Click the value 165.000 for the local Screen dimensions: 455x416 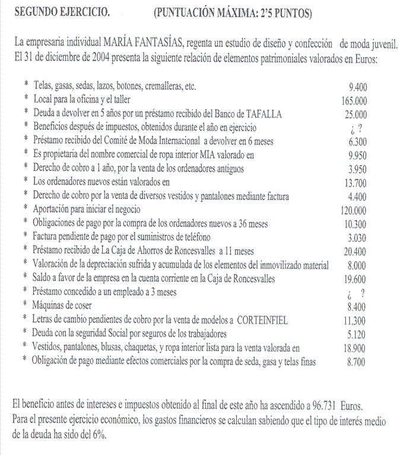pos(354,101)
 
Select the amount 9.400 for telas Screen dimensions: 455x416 pos(358,87)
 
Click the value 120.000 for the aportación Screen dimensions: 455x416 pos(354,211)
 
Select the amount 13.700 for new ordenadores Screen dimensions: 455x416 pos(356,183)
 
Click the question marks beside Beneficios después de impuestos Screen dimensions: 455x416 pos(357,128)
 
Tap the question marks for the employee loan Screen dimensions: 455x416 pos(356,294)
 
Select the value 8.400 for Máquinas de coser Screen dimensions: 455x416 pos(356,307)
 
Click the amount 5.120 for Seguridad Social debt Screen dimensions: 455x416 pos(357,335)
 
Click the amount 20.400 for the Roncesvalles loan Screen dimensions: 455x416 pos(355,252)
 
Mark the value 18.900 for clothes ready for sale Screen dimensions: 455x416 pos(355,348)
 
